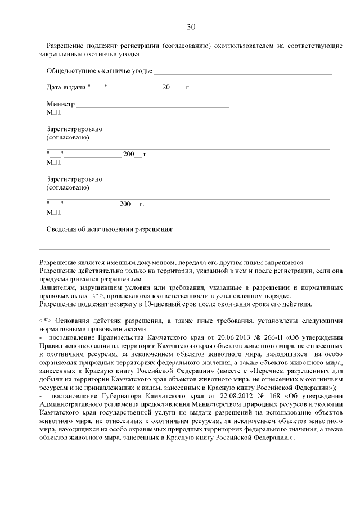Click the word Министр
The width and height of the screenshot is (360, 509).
(x=61, y=105)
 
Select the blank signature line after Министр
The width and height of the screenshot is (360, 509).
(x=152, y=106)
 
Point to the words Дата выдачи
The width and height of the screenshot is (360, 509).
(x=65, y=88)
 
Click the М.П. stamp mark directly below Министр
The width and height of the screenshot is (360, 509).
(x=54, y=112)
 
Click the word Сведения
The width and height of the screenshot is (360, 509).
(x=62, y=229)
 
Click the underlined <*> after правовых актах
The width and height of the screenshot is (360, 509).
(x=98, y=295)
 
